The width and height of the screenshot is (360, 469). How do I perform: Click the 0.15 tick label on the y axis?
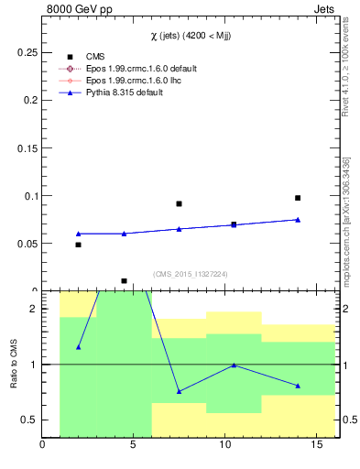(27, 148)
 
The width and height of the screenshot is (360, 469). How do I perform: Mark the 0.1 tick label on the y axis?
(29, 196)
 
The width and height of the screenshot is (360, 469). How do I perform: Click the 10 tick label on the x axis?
(225, 447)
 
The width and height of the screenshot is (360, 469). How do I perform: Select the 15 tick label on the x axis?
(316, 447)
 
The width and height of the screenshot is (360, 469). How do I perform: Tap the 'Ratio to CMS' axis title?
(14, 364)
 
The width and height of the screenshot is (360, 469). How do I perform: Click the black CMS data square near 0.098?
(298, 198)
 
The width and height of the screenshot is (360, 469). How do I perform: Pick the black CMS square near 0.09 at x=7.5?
(179, 203)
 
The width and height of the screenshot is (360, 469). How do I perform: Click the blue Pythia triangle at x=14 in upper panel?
(298, 220)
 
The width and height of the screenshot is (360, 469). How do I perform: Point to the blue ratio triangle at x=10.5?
(234, 365)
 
